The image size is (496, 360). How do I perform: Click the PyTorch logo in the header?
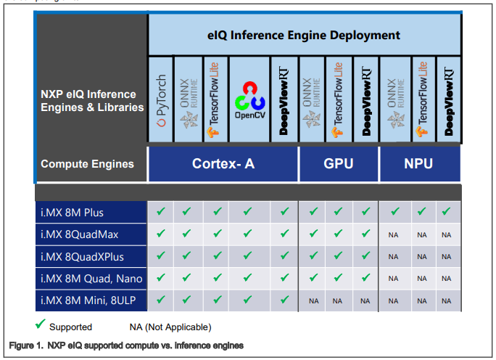pyautogui.click(x=161, y=100)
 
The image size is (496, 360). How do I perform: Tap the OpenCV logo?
pyautogui.click(x=250, y=100)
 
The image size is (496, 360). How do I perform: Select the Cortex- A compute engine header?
pyautogui.click(x=223, y=164)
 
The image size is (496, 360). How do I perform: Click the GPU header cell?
pyautogui.click(x=339, y=164)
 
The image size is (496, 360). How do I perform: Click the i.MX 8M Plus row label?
pyautogui.click(x=72, y=213)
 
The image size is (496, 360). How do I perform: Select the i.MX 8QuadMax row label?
pyautogui.click(x=79, y=234)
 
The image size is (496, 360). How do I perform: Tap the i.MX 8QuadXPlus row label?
pyautogui.click(x=82, y=256)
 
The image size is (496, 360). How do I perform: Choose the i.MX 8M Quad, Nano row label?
pyautogui.click(x=91, y=279)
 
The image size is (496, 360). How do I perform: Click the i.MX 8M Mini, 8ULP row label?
pyautogui.click(x=88, y=300)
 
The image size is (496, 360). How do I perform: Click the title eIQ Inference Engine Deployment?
pyautogui.click(x=304, y=35)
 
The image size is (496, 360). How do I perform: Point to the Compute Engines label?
pyautogui.click(x=87, y=164)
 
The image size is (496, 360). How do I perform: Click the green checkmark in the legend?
pyautogui.click(x=40, y=324)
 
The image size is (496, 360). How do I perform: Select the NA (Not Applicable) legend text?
pyautogui.click(x=170, y=327)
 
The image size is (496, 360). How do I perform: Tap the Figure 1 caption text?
pyautogui.click(x=126, y=345)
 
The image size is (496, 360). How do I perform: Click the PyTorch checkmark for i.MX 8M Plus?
pyautogui.click(x=161, y=211)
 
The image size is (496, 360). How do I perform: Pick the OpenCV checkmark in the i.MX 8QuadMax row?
pyautogui.click(x=248, y=234)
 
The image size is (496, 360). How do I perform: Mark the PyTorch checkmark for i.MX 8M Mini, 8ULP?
pyautogui.click(x=161, y=299)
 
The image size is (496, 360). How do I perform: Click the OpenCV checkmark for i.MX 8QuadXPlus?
pyautogui.click(x=248, y=255)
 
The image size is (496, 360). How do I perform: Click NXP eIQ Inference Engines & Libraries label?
pyautogui.click(x=92, y=101)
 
